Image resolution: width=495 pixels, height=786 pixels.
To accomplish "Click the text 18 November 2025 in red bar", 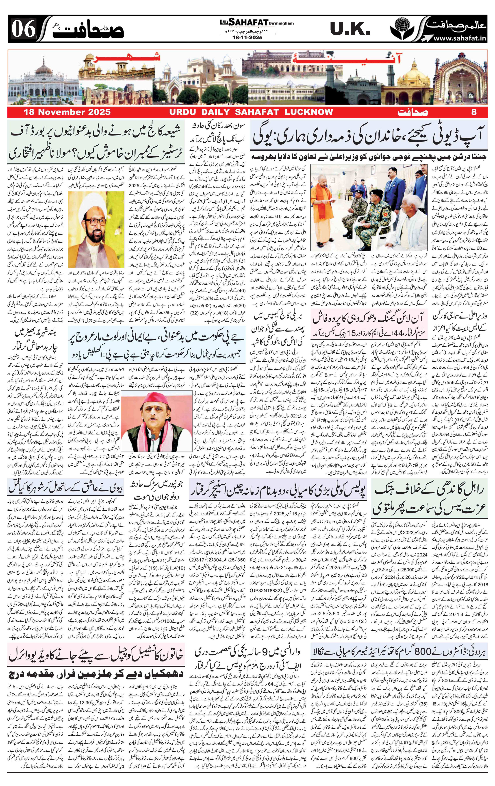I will [67, 112].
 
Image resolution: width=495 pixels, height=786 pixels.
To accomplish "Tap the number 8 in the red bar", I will [474, 112].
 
